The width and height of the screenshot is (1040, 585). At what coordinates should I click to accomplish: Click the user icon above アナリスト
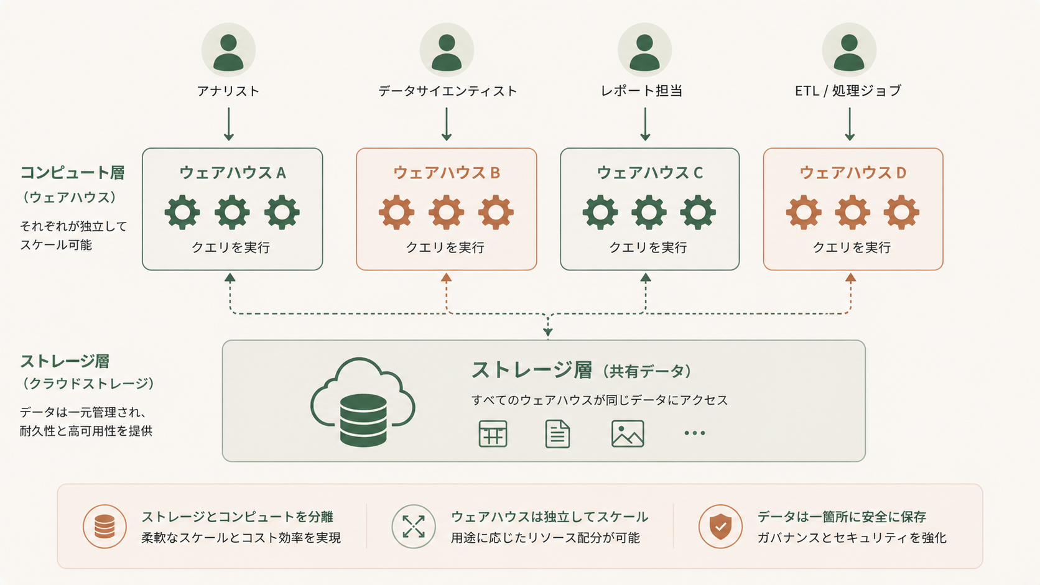coord(228,50)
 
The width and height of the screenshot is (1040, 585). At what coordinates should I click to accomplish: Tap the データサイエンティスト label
coord(447,91)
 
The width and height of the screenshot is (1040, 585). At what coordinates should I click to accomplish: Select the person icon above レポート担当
coord(644,50)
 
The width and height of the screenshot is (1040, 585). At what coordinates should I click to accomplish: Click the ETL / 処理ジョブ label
coord(848,91)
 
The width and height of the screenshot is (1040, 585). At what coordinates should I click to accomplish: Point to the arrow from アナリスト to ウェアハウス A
coord(229,124)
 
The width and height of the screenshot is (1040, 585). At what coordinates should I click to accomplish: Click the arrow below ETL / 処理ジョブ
coord(850,124)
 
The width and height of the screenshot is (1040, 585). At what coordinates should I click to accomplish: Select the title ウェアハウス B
coord(447,173)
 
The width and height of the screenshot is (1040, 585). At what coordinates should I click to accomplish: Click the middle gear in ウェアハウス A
coord(232,212)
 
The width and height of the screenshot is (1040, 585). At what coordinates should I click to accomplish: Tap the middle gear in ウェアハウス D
coord(852,212)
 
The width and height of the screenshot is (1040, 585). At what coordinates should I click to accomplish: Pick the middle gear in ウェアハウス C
coord(649,212)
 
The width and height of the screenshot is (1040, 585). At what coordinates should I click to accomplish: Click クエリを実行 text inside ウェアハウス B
coord(445,247)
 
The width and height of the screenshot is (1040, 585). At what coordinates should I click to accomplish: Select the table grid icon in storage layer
coord(493,433)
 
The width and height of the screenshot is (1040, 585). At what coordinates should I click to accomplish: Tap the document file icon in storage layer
coord(557,433)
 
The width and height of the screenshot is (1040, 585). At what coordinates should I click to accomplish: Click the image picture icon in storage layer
coord(628,433)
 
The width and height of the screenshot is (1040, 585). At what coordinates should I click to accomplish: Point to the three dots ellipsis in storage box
coord(694,433)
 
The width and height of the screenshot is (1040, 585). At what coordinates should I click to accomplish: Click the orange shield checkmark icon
coord(720,526)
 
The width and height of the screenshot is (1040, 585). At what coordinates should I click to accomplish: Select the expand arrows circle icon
coord(414,526)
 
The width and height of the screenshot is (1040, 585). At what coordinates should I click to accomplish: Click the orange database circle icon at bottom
coord(104,526)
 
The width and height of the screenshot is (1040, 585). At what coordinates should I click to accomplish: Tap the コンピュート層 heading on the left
coord(72,173)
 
